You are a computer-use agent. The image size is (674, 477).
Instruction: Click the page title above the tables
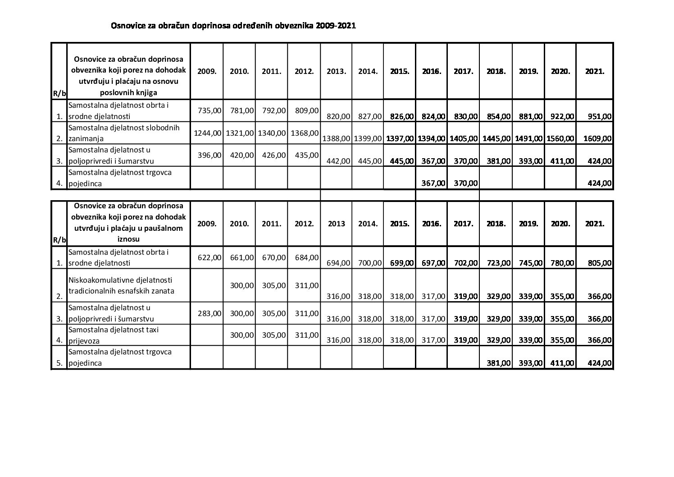[233, 26]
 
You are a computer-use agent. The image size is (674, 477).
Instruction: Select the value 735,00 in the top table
[209, 110]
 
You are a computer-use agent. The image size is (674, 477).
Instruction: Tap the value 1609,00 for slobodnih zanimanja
[597, 138]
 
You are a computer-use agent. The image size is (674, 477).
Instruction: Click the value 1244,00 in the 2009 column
[207, 133]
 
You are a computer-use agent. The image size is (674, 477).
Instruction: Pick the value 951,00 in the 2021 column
[600, 116]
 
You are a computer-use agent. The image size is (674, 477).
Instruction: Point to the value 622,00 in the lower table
[209, 257]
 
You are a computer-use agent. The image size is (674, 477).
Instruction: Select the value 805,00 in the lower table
[600, 263]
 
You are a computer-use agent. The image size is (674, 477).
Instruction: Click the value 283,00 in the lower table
[209, 313]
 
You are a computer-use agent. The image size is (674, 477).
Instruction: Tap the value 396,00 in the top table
[209, 155]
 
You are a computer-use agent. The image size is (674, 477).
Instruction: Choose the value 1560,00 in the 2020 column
[560, 138]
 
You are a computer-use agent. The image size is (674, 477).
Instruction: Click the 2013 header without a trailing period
[336, 224]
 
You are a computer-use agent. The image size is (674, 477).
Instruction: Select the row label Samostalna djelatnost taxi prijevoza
[114, 335]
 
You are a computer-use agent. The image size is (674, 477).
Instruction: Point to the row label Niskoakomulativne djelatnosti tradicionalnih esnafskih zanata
[120, 285]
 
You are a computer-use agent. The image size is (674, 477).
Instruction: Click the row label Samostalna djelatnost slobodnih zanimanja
[124, 133]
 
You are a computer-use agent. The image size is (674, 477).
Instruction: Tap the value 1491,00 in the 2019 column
[528, 138]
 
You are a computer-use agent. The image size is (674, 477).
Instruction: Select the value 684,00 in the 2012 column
[306, 257]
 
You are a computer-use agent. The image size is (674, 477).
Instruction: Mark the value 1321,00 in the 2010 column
[240, 133]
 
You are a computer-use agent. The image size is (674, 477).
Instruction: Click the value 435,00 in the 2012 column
[306, 155]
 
